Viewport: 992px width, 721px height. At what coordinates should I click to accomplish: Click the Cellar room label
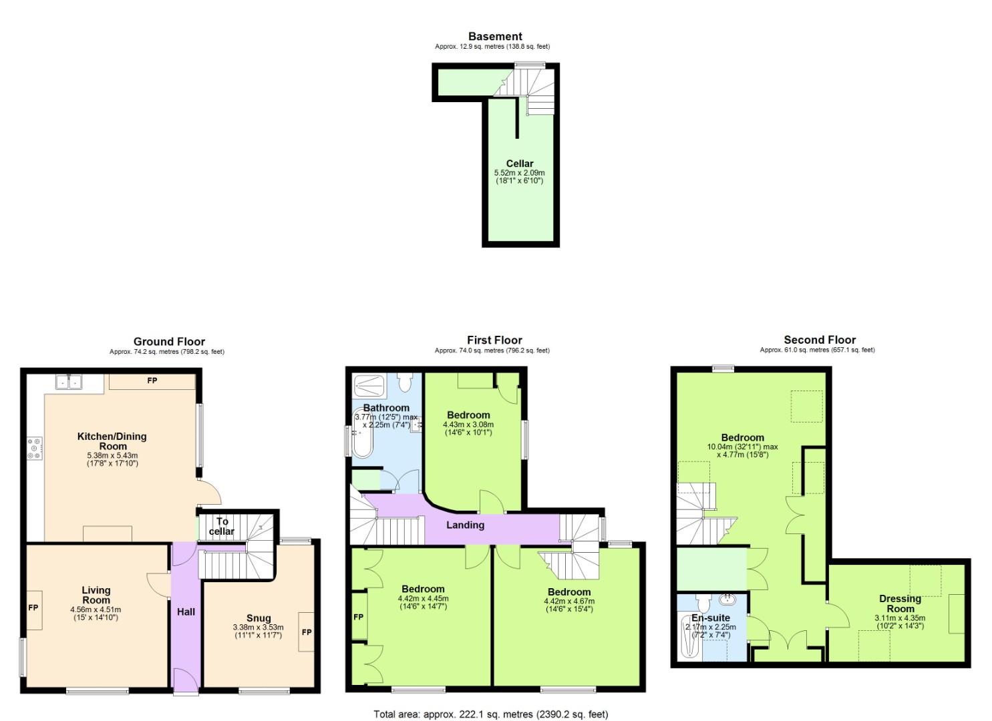tap(519, 164)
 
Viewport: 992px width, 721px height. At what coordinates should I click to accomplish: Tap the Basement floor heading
tap(495, 37)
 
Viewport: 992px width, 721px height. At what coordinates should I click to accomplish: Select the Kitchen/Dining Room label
tap(112, 441)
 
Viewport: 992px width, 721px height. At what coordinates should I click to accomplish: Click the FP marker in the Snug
tap(307, 632)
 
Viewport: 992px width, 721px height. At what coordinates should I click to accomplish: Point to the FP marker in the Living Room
tap(33, 608)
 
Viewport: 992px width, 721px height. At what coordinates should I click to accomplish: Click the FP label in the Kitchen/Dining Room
tap(152, 381)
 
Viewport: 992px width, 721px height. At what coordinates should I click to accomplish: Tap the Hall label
tap(186, 612)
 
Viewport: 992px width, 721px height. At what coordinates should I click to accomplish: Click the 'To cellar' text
tap(222, 526)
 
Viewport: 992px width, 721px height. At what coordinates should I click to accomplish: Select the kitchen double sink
tap(68, 382)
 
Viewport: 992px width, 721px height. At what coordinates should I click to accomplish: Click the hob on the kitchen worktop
tap(34, 447)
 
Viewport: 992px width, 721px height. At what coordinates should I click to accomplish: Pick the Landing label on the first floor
tap(465, 525)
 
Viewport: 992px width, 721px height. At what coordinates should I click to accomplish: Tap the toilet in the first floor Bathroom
tap(405, 382)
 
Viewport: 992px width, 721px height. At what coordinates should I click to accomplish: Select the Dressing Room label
tap(900, 604)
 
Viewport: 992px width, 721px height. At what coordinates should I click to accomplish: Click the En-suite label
tap(711, 618)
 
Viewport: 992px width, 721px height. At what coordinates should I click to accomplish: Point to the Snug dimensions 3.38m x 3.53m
tap(258, 628)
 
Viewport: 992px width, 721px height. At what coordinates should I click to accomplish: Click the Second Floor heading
tap(820, 340)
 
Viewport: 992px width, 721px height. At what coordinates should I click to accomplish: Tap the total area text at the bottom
tap(491, 714)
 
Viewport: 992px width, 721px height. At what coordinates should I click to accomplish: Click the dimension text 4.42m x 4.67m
tap(569, 601)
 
